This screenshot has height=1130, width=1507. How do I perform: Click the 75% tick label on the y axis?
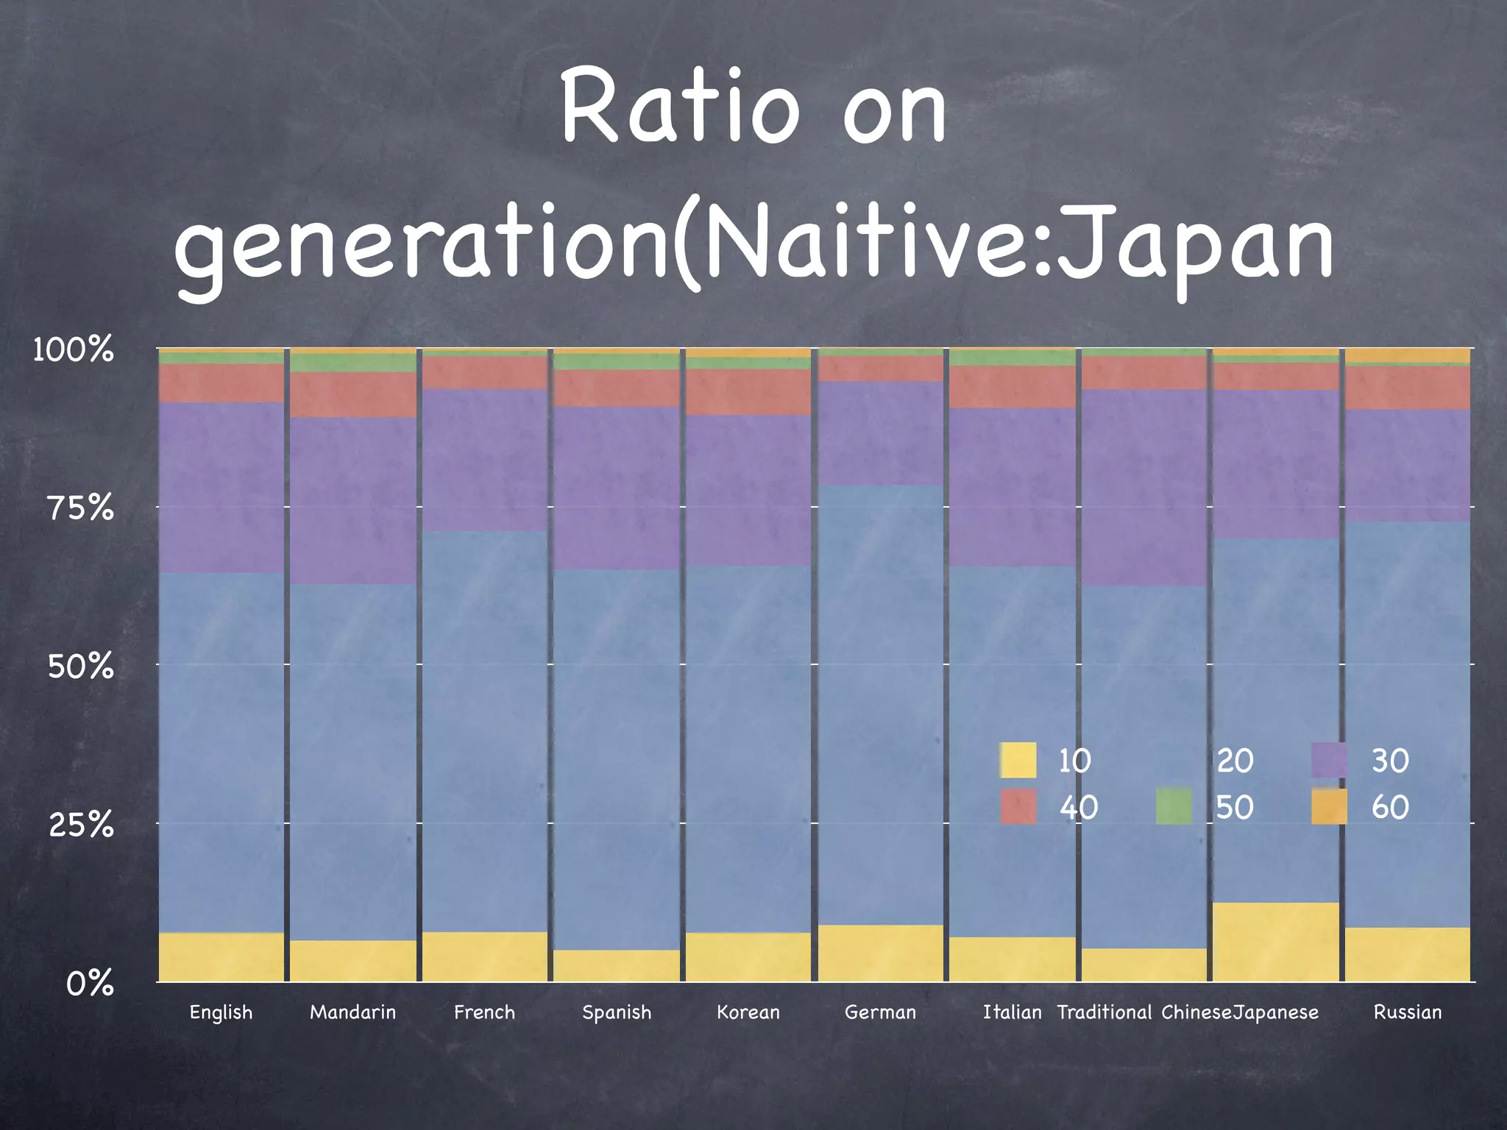[81, 508]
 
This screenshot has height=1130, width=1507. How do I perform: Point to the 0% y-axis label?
[90, 983]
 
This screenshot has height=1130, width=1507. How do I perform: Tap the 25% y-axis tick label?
[81, 825]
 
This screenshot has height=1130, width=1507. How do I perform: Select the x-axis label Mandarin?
[352, 1012]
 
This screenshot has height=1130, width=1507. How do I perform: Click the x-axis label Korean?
[748, 1012]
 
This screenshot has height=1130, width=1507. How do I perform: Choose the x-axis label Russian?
[1408, 1012]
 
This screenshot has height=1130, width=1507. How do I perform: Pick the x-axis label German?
[880, 1012]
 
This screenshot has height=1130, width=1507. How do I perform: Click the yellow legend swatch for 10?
[1018, 760]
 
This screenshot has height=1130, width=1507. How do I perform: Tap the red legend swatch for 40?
[1018, 806]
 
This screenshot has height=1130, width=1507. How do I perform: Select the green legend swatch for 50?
[1174, 806]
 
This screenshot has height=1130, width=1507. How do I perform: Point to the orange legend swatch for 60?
[1329, 806]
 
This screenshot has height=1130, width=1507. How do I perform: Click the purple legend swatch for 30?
[1329, 760]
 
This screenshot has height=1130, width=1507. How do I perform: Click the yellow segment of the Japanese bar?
[1276, 942]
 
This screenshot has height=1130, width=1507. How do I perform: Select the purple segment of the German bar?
[880, 433]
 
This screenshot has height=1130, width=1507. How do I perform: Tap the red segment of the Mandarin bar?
[352, 394]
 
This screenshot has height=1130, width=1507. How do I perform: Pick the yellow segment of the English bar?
[221, 956]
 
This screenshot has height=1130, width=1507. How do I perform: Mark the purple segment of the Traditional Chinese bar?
[1144, 488]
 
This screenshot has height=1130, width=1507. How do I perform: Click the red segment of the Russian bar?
[1408, 388]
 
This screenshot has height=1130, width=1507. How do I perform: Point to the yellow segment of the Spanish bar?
[617, 965]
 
